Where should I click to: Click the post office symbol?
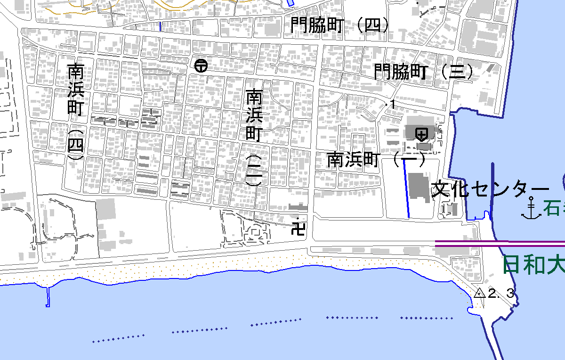click(201, 65)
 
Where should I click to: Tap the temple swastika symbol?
click(299, 229)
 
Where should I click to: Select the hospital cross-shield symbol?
click(421, 134)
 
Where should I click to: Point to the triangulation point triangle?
click(479, 293)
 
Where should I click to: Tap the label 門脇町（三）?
click(424, 72)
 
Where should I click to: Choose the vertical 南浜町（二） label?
click(254, 137)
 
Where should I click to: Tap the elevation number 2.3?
click(502, 294)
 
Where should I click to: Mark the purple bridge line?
click(499, 244)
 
